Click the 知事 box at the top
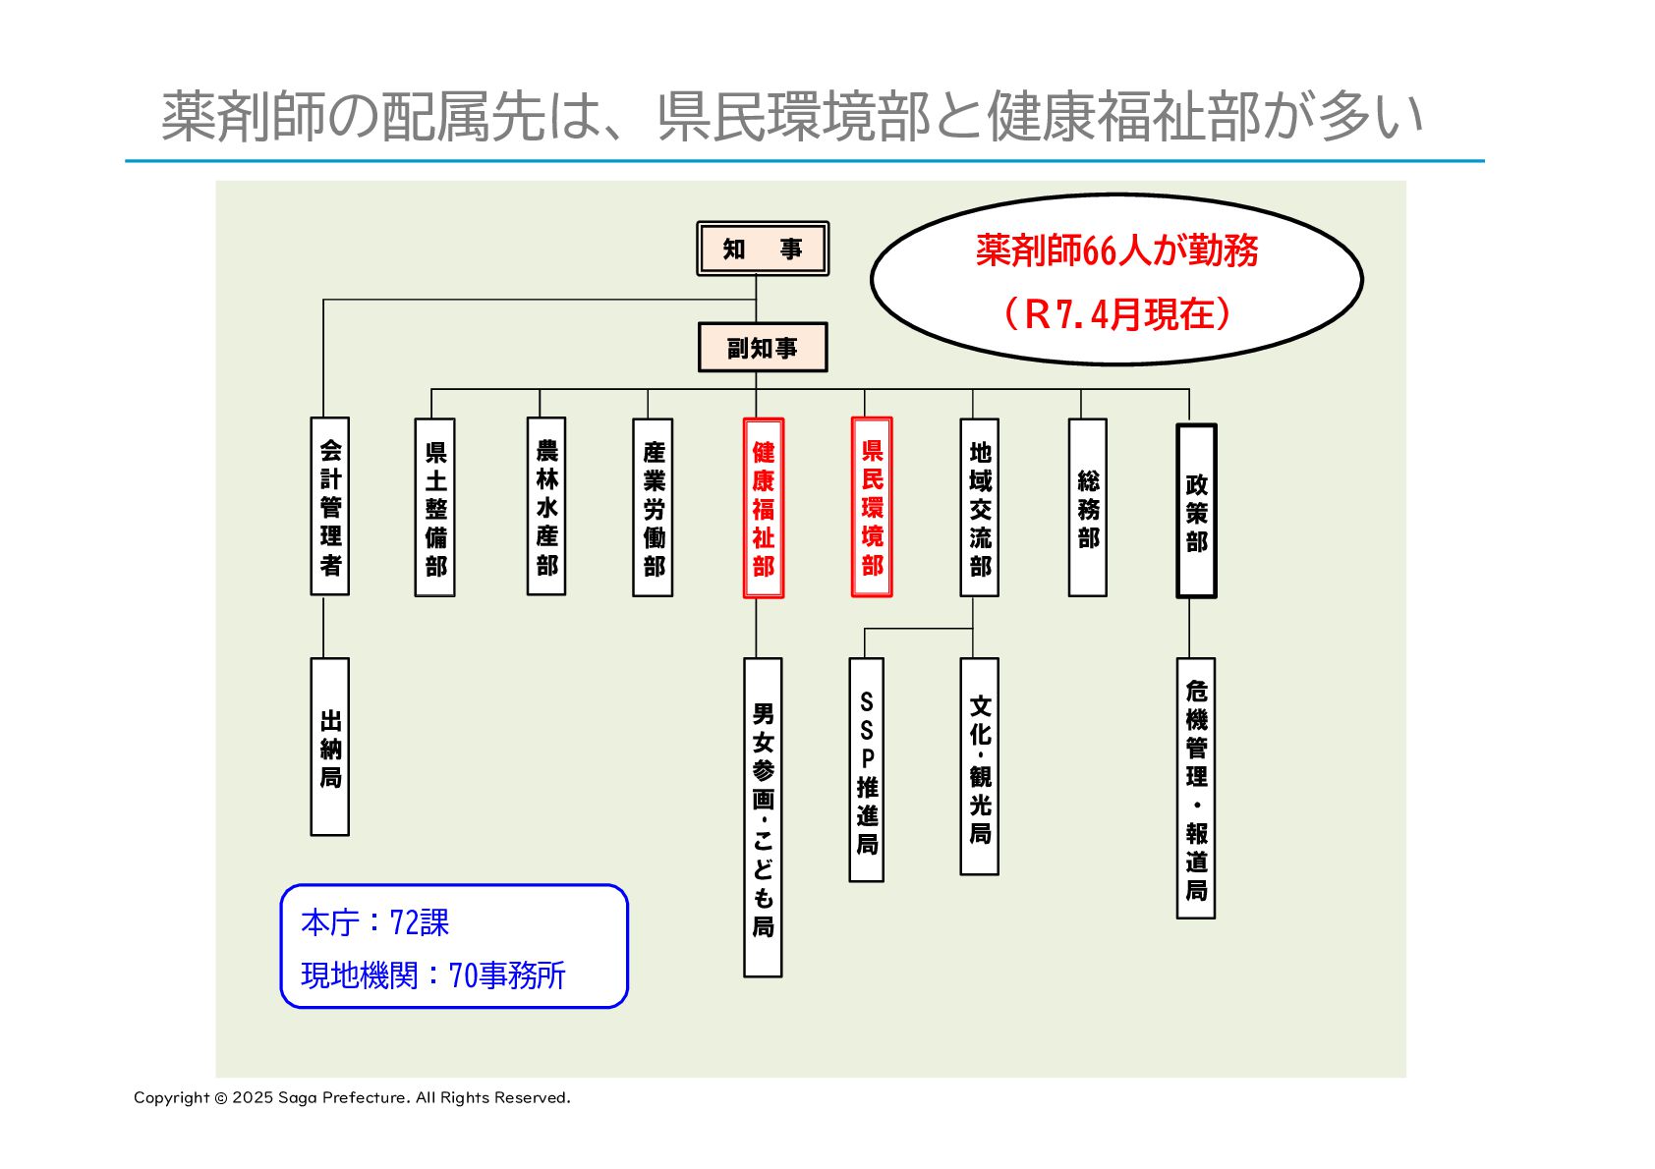[x=762, y=249]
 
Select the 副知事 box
[x=762, y=348]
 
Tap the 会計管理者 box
[x=330, y=507]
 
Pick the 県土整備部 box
[x=435, y=508]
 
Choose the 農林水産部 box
[x=546, y=507]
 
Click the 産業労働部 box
[x=654, y=508]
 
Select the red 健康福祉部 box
[x=764, y=508]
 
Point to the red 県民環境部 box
[x=872, y=507]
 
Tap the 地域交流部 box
[x=980, y=508]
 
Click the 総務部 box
[x=1088, y=508]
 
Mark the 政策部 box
[x=1196, y=511]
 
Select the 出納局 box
[x=330, y=748]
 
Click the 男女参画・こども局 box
[x=763, y=817]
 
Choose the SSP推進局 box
[x=867, y=770]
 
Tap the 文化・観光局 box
[x=980, y=767]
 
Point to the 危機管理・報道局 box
[x=1196, y=789]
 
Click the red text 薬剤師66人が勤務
[x=1116, y=251]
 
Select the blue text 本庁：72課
[x=374, y=923]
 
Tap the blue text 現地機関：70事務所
[x=433, y=975]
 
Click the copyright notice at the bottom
[x=352, y=1097]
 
